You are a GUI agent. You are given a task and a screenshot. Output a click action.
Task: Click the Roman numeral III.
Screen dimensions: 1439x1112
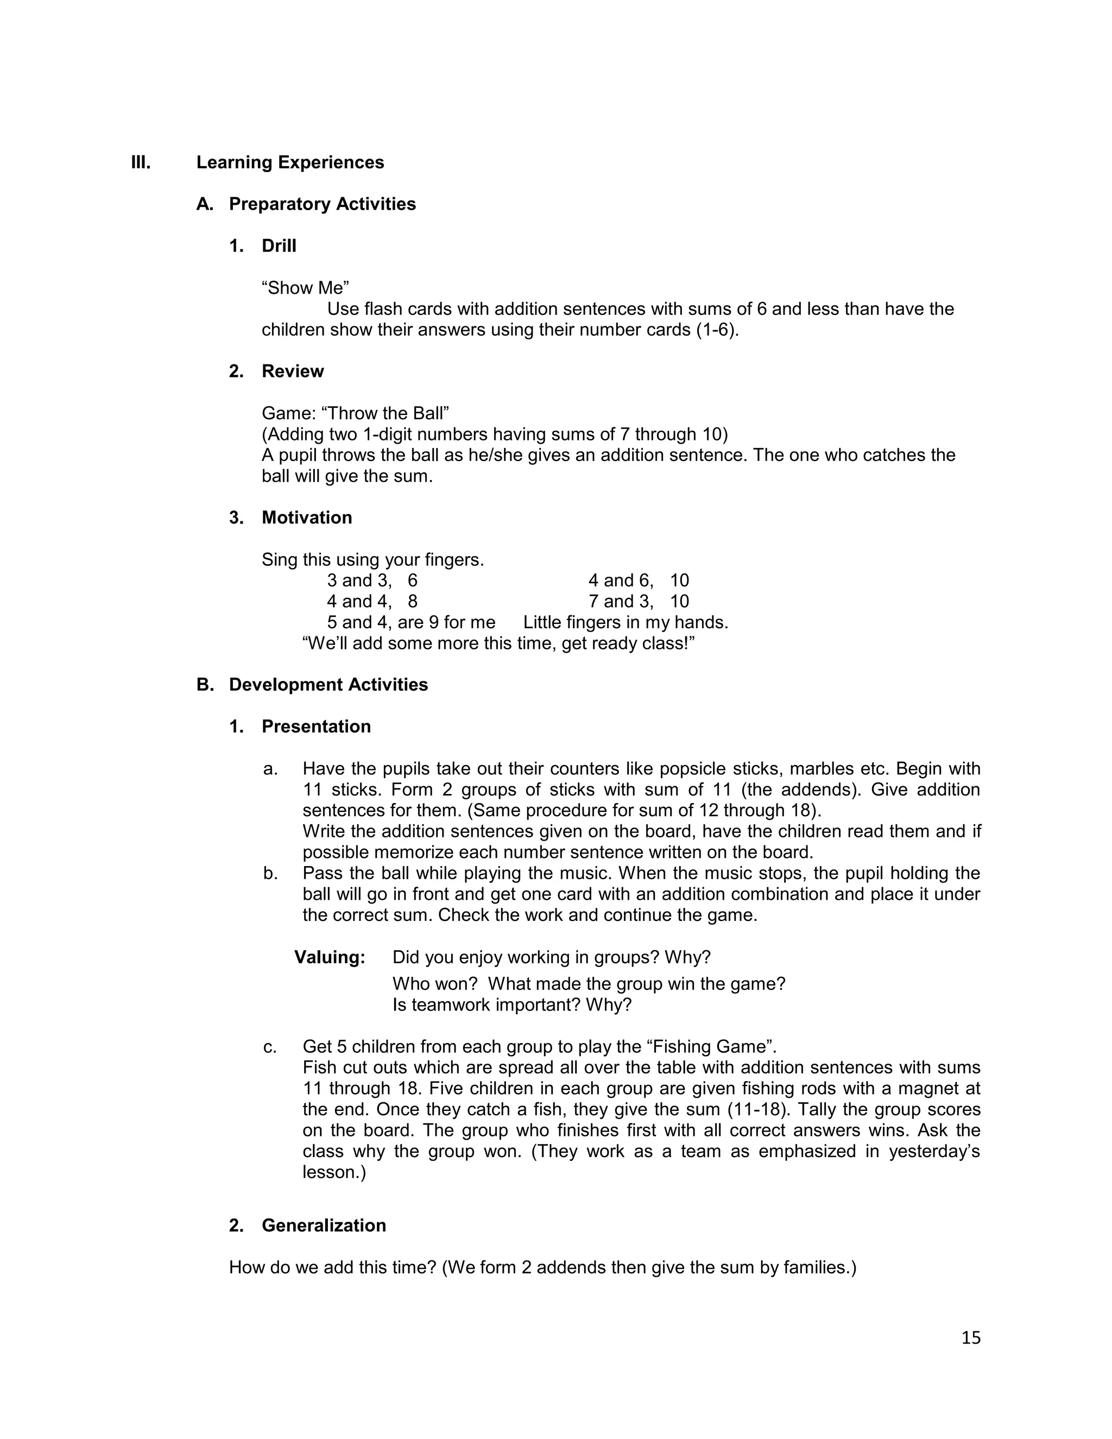[141, 163]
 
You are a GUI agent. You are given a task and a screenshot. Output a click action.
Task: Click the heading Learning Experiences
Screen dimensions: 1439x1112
[290, 163]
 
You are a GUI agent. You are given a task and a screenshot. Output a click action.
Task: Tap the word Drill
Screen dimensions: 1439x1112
[279, 246]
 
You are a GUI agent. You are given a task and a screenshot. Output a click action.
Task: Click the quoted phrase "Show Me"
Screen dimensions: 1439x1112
[305, 288]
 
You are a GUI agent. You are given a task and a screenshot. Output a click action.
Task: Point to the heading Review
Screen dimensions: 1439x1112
[293, 371]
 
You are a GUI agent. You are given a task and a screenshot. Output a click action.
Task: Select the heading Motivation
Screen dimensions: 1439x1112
[306, 518]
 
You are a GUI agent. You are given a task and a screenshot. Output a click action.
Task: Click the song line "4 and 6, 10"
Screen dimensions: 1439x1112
[639, 580]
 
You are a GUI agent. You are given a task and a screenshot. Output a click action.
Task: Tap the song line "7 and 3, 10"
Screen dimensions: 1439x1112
[639, 602]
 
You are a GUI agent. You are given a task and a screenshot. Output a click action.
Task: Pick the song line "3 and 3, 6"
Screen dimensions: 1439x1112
[372, 580]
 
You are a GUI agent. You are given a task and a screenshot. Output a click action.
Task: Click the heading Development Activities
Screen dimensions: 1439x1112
[328, 685]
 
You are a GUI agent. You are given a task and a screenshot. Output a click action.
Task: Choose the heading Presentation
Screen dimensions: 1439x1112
[316, 727]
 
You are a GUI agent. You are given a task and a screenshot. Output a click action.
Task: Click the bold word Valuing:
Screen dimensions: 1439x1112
[330, 957]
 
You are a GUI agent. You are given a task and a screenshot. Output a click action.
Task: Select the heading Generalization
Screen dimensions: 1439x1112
[324, 1226]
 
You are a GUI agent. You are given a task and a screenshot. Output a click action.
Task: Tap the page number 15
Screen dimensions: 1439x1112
[970, 1337]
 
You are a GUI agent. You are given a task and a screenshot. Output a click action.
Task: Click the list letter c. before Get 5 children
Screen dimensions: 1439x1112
[269, 1047]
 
